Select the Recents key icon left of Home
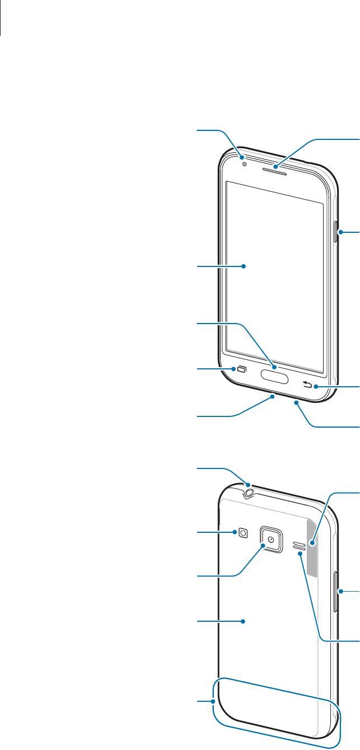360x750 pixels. coord(242,369)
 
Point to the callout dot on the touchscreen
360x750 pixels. coord(244,267)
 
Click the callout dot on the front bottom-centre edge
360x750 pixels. coord(272,397)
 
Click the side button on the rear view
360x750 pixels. coord(336,591)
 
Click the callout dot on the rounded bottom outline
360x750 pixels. coord(214,700)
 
